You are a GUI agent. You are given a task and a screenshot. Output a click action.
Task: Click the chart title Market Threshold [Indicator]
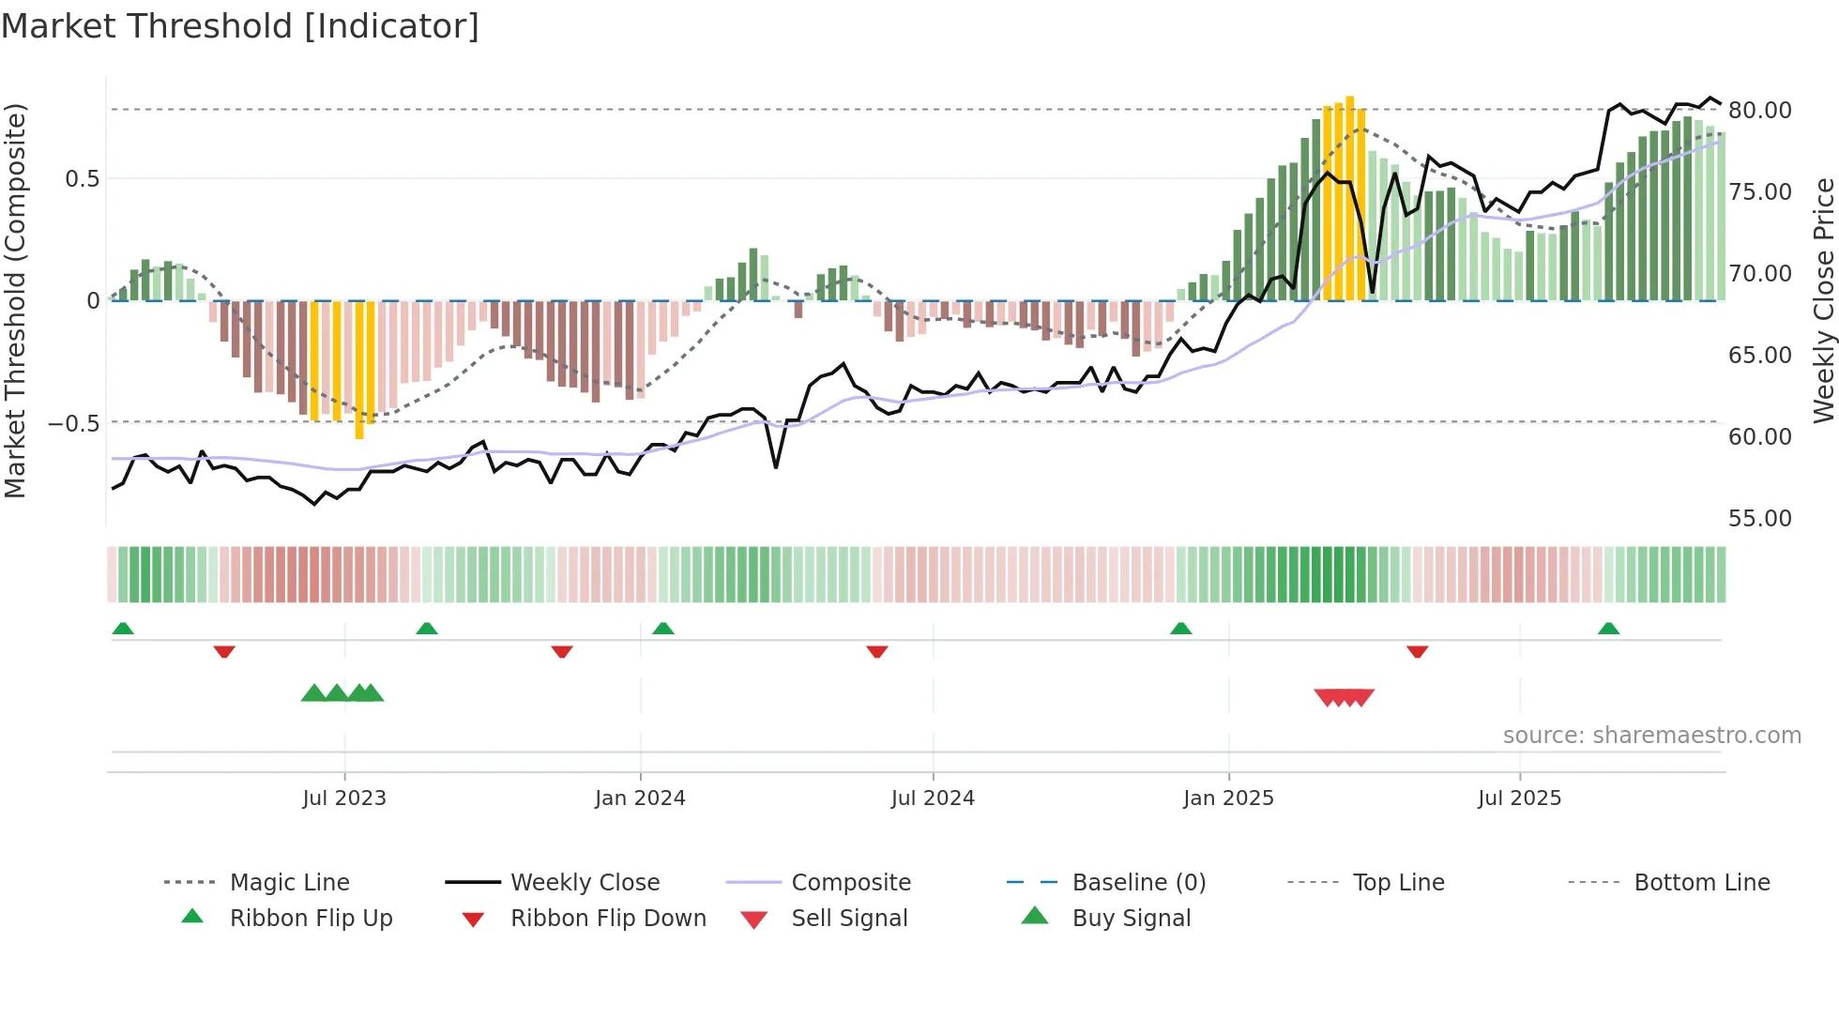(x=240, y=26)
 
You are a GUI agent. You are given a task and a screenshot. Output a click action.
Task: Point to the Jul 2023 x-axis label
(x=344, y=798)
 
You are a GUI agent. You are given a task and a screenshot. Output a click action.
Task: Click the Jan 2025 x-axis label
(x=1228, y=798)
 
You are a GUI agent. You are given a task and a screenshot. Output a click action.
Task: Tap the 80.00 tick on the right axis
(x=1760, y=110)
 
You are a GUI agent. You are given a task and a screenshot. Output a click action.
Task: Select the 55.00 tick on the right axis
(x=1760, y=518)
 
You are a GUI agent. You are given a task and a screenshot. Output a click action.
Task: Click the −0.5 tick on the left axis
(x=73, y=423)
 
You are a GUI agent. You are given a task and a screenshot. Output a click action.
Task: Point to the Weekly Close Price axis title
(x=1823, y=300)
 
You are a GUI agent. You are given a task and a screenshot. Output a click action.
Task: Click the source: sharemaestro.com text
(x=1651, y=735)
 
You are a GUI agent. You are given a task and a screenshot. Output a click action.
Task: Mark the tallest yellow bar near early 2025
(x=1349, y=197)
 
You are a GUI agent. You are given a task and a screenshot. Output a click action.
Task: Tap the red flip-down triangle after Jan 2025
(x=1417, y=651)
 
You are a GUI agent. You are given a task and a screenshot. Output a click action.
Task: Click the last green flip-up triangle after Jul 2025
(x=1608, y=629)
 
